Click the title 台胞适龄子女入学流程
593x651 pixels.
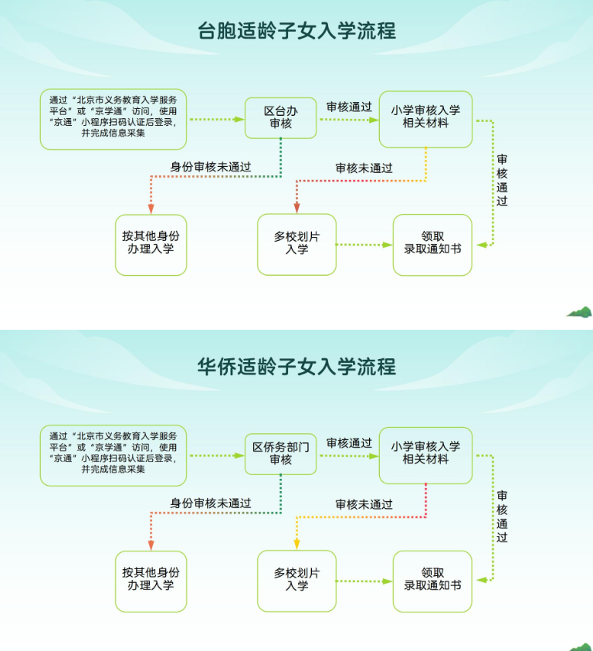pyautogui.click(x=296, y=30)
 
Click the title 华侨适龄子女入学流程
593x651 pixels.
pyautogui.click(x=296, y=366)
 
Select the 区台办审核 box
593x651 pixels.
pyautogui.click(x=280, y=117)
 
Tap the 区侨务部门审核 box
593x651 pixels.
pyautogui.click(x=280, y=453)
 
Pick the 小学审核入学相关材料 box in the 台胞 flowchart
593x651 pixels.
pyautogui.click(x=425, y=117)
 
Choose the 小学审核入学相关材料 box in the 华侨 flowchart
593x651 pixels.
pyautogui.click(x=425, y=453)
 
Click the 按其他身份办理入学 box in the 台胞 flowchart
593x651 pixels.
pyautogui.click(x=151, y=244)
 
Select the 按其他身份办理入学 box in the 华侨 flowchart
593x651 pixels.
pyautogui.click(x=151, y=580)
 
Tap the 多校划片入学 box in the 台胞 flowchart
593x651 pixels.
pyautogui.click(x=296, y=244)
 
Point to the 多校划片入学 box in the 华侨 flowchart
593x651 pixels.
pyautogui.click(x=296, y=580)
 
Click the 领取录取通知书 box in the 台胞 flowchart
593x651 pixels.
pyautogui.click(x=432, y=244)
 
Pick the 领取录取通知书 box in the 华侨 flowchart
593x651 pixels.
pyautogui.click(x=432, y=580)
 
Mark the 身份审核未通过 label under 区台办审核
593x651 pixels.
pyautogui.click(x=211, y=167)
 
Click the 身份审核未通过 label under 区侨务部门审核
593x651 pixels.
pyautogui.click(x=211, y=503)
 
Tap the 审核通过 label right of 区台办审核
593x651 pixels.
pyautogui.click(x=349, y=107)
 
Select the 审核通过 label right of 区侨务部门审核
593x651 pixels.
pyautogui.click(x=349, y=442)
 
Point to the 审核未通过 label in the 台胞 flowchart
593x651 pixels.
pyautogui.click(x=364, y=168)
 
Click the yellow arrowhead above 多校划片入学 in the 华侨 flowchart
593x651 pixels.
pyautogui.click(x=296, y=544)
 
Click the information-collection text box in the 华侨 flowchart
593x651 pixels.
pyautogui.click(x=114, y=455)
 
